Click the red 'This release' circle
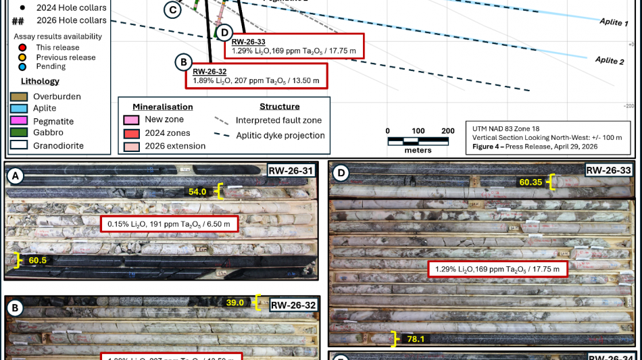pyautogui.click(x=23, y=47)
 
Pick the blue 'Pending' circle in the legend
pyautogui.click(x=23, y=66)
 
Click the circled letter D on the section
pyautogui.click(x=224, y=32)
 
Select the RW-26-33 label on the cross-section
pyautogui.click(x=248, y=42)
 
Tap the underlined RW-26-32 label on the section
pyautogui.click(x=209, y=72)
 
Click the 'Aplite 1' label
pyautogui.click(x=614, y=22)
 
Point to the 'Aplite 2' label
pyautogui.click(x=610, y=61)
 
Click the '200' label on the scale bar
pyautogui.click(x=447, y=130)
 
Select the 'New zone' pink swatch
pyautogui.click(x=131, y=120)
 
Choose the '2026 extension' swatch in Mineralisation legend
pyautogui.click(x=131, y=146)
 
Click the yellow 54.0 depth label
pyautogui.click(x=197, y=192)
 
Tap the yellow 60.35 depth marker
pyautogui.click(x=531, y=182)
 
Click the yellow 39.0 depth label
pyautogui.click(x=235, y=303)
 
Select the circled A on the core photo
pyautogui.click(x=15, y=177)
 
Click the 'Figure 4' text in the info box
pyautogui.click(x=492, y=146)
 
